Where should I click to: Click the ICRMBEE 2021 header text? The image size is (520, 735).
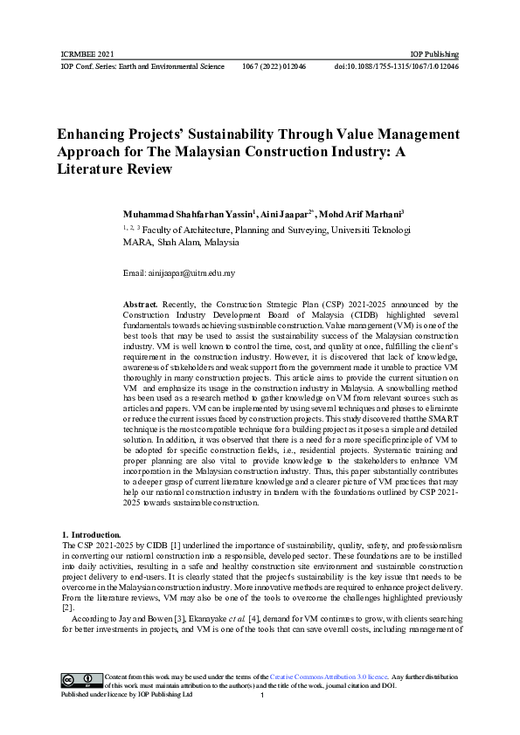point(87,53)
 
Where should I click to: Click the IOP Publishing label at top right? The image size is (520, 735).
point(434,53)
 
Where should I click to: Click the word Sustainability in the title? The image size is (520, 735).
point(215,135)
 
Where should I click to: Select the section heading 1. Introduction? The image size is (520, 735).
point(91,533)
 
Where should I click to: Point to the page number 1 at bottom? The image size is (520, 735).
point(262,696)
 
